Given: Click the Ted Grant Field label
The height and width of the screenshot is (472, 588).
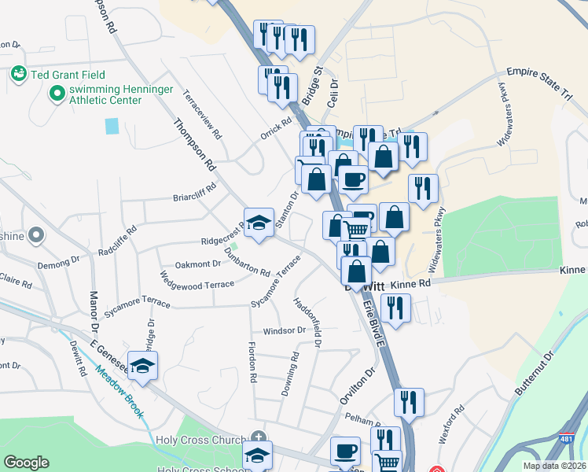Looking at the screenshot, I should point(64,76).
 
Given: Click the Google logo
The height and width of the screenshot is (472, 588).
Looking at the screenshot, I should point(26,463).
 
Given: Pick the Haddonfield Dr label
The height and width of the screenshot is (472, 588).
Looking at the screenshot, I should point(307,322).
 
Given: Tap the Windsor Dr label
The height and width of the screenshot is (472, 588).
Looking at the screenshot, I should point(284,331).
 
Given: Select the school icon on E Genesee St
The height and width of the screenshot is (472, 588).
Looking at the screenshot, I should point(143,366).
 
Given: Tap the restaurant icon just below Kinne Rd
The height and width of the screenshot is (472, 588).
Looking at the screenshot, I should point(395,308).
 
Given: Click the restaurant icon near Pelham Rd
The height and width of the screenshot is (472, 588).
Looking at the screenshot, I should point(409,402).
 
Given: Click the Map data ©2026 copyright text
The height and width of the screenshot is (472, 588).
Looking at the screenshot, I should point(554,466).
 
